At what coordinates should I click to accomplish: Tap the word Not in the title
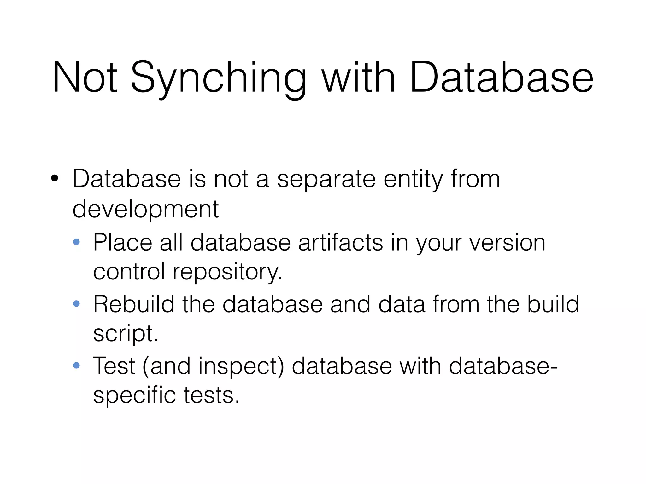85,78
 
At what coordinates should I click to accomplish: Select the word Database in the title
502,78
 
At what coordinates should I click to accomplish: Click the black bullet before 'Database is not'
55,179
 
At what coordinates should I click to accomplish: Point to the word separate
326,180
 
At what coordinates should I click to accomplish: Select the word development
145,210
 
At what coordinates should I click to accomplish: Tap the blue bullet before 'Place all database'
76,242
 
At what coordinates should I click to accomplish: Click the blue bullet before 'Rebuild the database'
76,304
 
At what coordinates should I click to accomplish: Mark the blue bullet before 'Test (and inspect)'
76,366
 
